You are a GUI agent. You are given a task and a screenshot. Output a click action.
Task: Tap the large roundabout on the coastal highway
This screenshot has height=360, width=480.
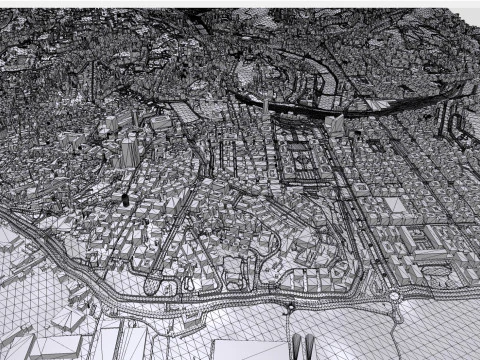tap(394, 296)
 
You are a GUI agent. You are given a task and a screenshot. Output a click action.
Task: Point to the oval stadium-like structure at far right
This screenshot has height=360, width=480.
tap(431, 257)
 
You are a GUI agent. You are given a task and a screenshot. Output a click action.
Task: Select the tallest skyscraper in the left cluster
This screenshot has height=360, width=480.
tap(129, 151)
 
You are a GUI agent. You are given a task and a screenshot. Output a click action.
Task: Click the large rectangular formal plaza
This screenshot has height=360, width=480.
tap(302, 164)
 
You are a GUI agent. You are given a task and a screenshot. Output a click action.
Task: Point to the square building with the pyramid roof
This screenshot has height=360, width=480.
tap(397, 206)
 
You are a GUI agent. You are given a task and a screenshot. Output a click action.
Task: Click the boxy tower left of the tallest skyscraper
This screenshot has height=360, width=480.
tap(110, 150)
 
